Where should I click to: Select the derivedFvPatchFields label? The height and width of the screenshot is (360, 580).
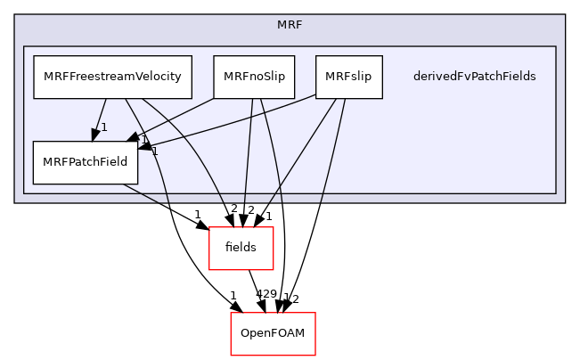point(474,77)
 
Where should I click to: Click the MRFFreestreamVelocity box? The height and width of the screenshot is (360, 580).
point(113,77)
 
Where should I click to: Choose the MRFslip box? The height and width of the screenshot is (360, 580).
point(348,77)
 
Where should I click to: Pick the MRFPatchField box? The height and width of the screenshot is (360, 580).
point(86,162)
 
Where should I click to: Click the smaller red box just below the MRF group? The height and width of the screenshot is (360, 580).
point(241,249)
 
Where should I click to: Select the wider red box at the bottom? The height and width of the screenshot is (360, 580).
point(273,334)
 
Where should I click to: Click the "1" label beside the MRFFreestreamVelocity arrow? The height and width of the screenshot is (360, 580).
point(104,127)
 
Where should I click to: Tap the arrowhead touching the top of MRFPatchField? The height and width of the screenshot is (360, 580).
point(93,135)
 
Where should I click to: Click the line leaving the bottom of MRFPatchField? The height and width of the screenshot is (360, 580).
point(143,192)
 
